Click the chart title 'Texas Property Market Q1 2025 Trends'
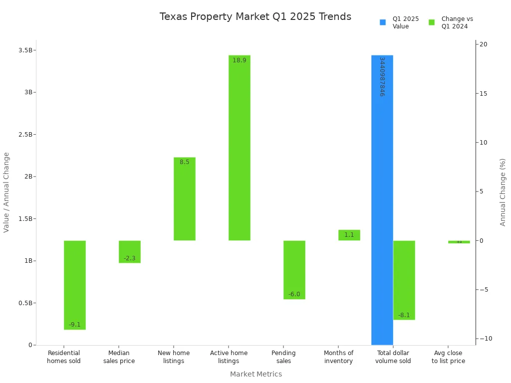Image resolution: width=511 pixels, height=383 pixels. (x=255, y=17)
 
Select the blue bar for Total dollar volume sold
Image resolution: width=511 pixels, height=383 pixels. (x=382, y=209)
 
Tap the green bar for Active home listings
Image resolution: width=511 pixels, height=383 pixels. (x=239, y=150)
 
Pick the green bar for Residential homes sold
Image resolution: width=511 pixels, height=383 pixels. (x=75, y=284)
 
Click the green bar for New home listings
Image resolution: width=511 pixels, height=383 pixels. (x=184, y=199)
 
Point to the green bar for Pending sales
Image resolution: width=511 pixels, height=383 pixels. (x=294, y=269)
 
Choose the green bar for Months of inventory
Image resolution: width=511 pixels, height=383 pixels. (x=349, y=235)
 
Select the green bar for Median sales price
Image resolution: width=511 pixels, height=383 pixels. (x=130, y=251)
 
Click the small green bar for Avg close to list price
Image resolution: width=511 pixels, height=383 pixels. (x=459, y=242)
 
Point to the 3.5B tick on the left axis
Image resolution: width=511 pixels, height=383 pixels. (x=25, y=50)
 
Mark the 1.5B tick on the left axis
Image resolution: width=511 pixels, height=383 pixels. (x=25, y=218)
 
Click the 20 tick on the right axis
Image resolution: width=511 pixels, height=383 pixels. (x=484, y=44)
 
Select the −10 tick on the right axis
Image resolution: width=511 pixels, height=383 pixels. (x=484, y=339)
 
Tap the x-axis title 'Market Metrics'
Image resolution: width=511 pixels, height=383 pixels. (x=255, y=374)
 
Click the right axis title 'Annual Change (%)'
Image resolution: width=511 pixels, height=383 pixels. (x=503, y=192)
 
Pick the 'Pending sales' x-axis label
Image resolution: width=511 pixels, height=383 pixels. (x=283, y=357)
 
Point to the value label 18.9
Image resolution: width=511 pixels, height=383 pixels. (x=239, y=60)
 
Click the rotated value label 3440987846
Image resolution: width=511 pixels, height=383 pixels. (x=382, y=76)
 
